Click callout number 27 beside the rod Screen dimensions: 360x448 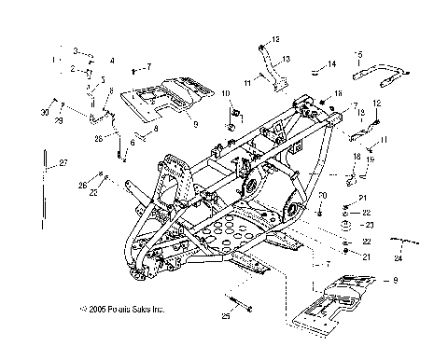tap(64, 164)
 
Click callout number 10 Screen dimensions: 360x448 tap(225, 94)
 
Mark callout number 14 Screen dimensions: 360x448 tap(331, 64)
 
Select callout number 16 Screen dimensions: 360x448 tap(326, 95)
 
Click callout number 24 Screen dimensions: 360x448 tap(399, 257)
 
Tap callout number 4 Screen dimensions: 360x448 tap(111, 61)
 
